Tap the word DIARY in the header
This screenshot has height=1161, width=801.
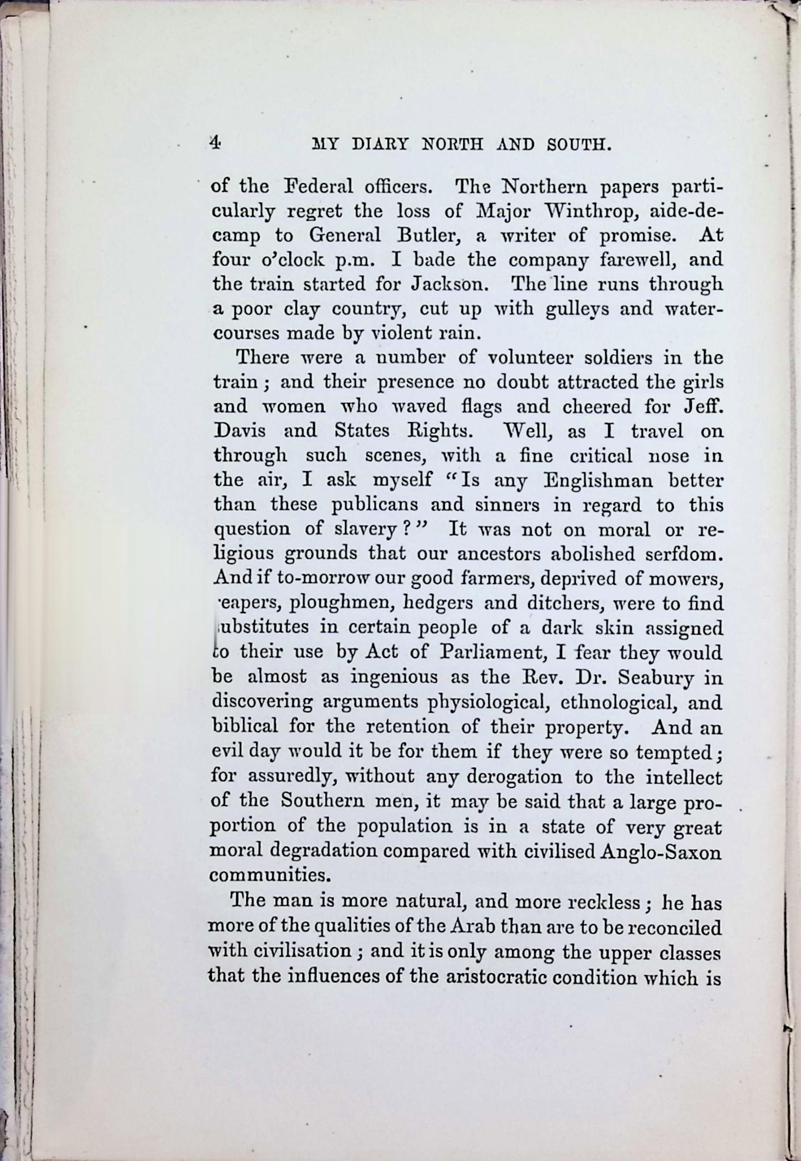tap(380, 145)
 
